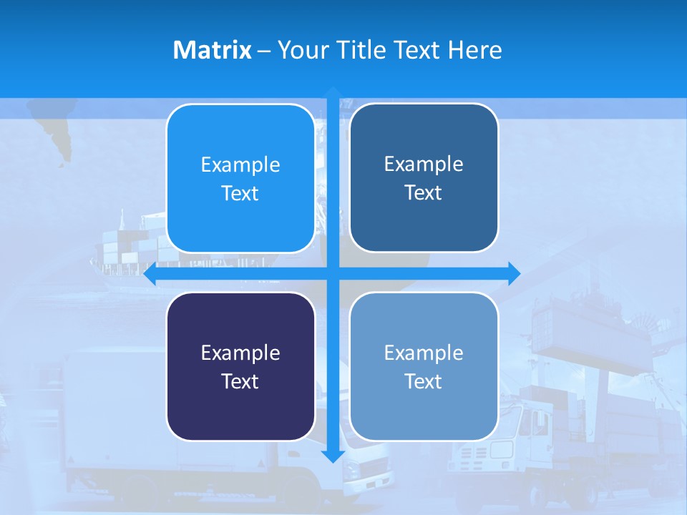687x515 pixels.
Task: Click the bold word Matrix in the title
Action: pyautogui.click(x=212, y=50)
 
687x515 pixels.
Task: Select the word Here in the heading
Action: pyautogui.click(x=474, y=50)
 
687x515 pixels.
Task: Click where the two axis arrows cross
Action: pyautogui.click(x=333, y=273)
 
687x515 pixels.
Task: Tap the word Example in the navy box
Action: pyautogui.click(x=240, y=353)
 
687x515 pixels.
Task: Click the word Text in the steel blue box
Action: pyautogui.click(x=424, y=193)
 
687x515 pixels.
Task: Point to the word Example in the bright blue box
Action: pyautogui.click(x=240, y=165)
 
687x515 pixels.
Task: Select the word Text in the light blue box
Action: pyautogui.click(x=424, y=381)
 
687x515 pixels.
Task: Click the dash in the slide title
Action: pyautogui.click(x=264, y=50)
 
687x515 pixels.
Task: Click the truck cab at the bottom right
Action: pyautogui.click(x=494, y=443)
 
